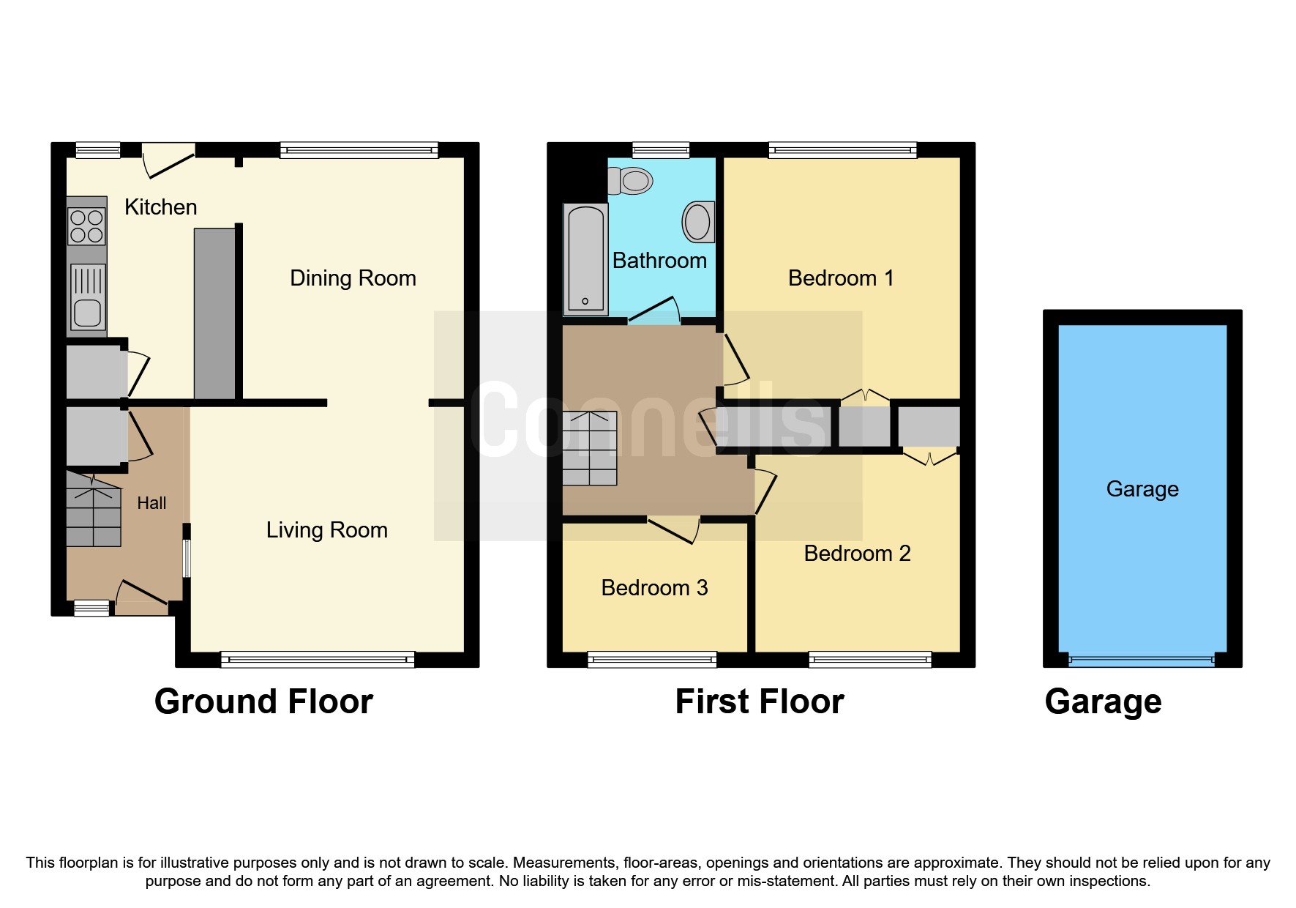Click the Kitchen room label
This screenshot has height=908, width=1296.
click(x=160, y=207)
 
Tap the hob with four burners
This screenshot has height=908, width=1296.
click(x=86, y=226)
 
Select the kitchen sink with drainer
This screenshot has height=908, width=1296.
click(x=88, y=297)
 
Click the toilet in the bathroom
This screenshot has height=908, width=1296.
click(x=631, y=180)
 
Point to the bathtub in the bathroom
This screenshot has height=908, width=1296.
click(x=585, y=258)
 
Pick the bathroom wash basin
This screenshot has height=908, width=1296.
click(x=697, y=221)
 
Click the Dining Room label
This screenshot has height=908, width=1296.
click(x=353, y=278)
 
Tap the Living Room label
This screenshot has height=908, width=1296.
click(x=326, y=530)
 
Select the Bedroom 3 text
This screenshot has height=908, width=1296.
click(x=654, y=588)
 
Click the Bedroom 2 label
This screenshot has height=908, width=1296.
click(x=857, y=554)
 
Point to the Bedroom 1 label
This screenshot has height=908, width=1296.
click(x=841, y=278)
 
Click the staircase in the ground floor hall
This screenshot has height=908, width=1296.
click(x=93, y=509)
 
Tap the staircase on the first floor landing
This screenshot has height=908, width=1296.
click(x=590, y=449)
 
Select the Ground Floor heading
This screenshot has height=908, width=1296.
click(x=263, y=702)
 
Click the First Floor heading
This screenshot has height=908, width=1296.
click(x=759, y=702)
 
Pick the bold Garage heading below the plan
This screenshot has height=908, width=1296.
click(x=1103, y=702)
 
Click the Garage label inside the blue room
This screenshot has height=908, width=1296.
click(x=1142, y=489)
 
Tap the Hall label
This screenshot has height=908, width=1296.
click(x=151, y=503)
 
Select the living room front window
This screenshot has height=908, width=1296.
click(x=318, y=660)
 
